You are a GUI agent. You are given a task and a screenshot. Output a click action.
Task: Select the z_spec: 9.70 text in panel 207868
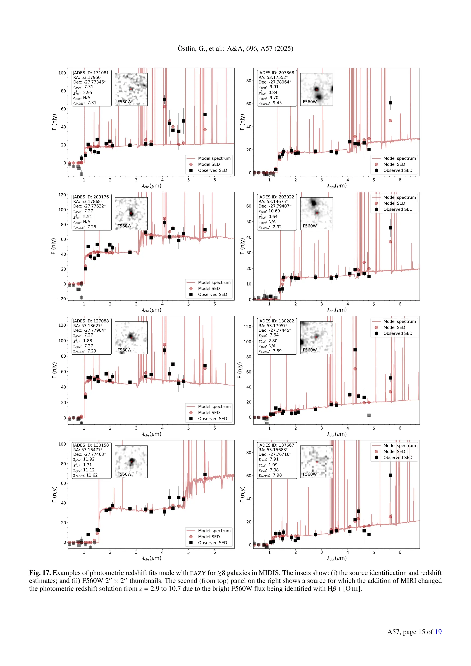[x=269, y=98]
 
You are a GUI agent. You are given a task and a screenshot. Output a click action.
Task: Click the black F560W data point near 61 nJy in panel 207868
[x=390, y=103]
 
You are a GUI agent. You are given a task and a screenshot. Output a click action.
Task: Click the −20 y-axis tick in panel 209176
[x=62, y=299]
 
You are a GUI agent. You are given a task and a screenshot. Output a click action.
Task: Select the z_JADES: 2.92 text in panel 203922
[x=270, y=227]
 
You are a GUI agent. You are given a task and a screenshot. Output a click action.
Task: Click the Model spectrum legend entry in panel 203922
[x=399, y=197]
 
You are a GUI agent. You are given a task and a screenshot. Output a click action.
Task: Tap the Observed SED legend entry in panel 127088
[x=212, y=419]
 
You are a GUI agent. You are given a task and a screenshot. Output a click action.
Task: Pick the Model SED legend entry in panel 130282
[x=394, y=327]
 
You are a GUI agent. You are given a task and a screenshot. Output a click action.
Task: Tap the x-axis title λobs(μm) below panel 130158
[x=151, y=558]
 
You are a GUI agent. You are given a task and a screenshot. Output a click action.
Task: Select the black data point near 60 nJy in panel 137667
[x=390, y=475]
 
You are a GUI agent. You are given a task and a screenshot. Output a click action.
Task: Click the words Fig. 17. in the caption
[x=40, y=573]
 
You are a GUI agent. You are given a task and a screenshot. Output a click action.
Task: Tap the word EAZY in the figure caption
[x=198, y=573]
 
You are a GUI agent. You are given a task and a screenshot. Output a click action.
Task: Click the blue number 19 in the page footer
[x=438, y=632]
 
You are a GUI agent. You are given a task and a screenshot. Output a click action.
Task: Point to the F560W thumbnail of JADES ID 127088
[x=131, y=338]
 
